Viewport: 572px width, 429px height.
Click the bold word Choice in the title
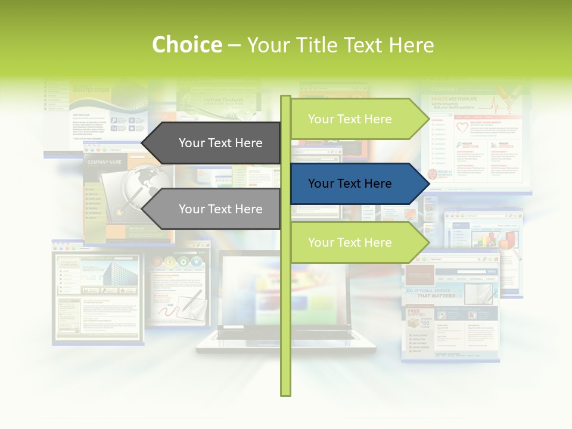pyautogui.click(x=186, y=45)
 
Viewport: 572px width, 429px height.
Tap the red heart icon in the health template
pyautogui.click(x=463, y=128)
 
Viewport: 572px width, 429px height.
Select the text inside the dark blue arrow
pyautogui.click(x=350, y=184)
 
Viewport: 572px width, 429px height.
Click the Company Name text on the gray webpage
pyautogui.click(x=104, y=162)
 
